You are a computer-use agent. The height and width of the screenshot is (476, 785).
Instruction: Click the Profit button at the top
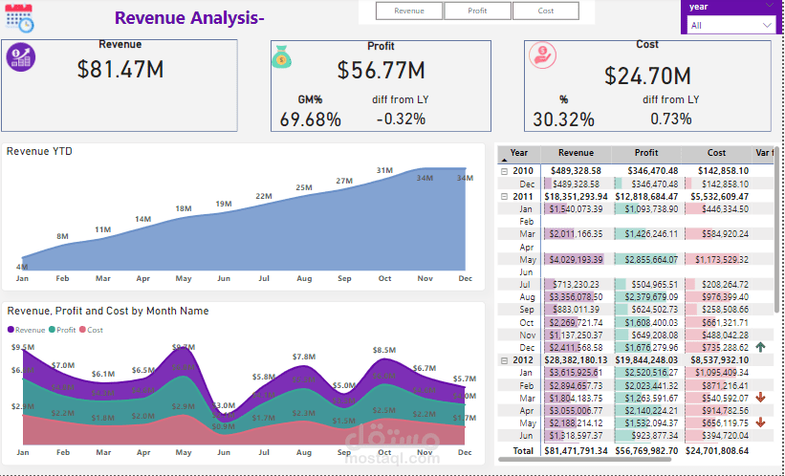[476, 11]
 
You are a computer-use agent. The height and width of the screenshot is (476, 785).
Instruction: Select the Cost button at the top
[545, 11]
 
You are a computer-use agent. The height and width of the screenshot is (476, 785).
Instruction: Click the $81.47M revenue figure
[120, 70]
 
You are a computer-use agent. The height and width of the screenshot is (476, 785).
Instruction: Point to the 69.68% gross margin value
[310, 119]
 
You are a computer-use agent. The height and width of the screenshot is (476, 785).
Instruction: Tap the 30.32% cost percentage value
[563, 119]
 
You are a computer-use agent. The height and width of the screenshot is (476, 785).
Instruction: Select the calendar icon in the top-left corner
[19, 18]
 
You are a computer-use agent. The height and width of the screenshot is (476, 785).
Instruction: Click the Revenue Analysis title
[189, 18]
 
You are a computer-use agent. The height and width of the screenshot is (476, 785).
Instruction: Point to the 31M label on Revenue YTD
[384, 171]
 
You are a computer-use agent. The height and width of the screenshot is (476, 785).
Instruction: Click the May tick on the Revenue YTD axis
[184, 279]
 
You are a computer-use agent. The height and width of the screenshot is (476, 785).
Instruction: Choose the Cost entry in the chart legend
[92, 330]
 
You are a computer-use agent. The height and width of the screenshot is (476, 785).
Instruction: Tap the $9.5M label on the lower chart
[23, 348]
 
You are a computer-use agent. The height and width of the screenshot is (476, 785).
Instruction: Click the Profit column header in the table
[646, 153]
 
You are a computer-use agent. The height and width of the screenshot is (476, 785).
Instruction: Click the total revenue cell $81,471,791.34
[576, 449]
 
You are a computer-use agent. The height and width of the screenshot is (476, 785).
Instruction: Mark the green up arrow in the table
[760, 347]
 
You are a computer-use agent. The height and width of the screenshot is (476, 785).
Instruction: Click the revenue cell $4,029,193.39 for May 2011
[576, 259]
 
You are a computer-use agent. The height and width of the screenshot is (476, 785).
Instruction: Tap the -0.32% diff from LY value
[401, 119]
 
